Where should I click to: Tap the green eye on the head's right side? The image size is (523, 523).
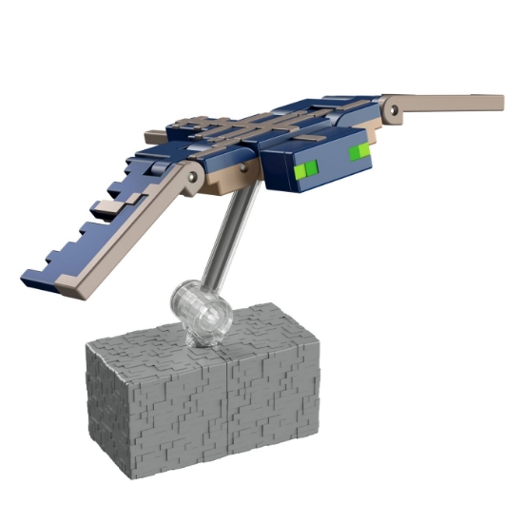[359, 152]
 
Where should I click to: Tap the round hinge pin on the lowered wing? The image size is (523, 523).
[194, 177]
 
